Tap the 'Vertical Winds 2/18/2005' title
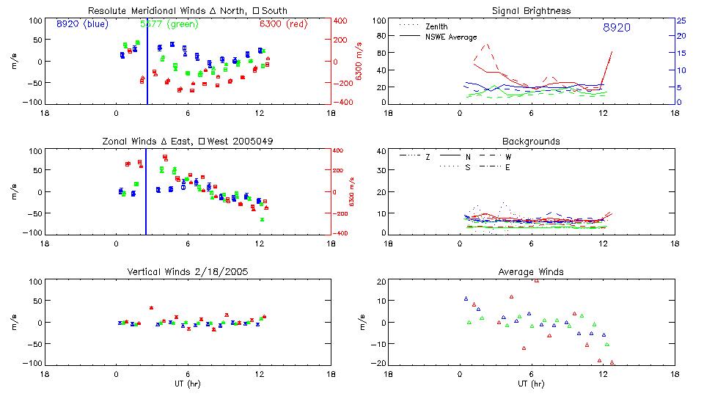point(188,272)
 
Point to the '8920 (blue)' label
point(82,24)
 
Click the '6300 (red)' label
point(283,24)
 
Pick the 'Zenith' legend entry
point(436,26)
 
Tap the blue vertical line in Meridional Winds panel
point(147,62)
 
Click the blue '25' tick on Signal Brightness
point(681,21)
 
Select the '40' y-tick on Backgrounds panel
point(381,152)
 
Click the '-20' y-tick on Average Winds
point(379,363)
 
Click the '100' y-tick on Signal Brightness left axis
point(378,21)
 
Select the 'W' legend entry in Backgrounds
point(508,157)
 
